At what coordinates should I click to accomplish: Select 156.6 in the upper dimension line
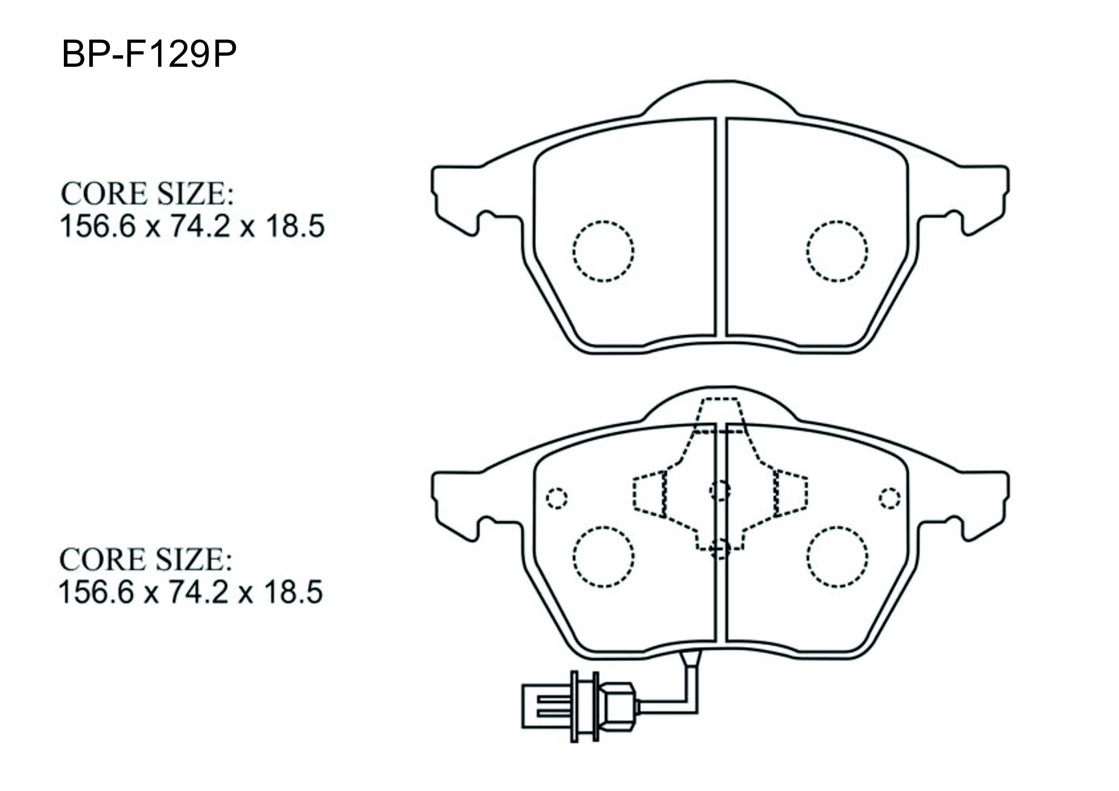point(97,227)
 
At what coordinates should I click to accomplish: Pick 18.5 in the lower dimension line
point(293,593)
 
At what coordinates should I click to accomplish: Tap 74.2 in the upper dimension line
point(199,227)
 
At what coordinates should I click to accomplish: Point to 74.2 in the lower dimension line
point(198,593)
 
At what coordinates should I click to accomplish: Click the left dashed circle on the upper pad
point(603,222)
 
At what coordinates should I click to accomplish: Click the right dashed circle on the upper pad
point(837,222)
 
